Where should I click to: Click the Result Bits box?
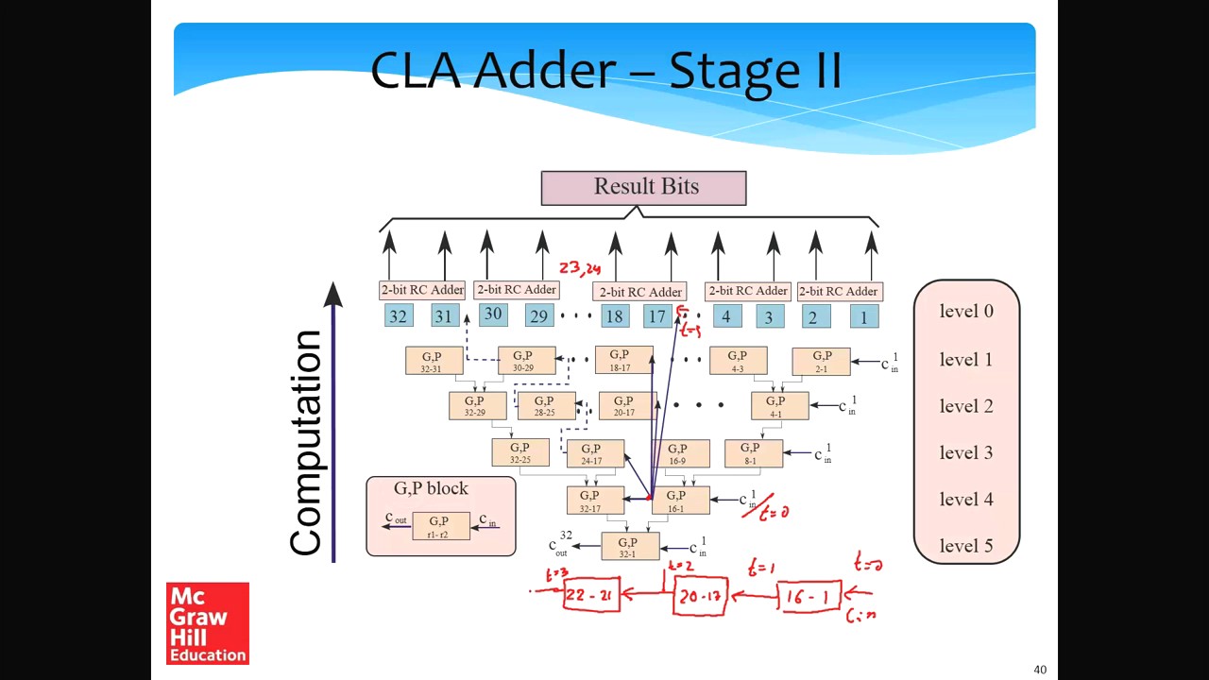point(643,187)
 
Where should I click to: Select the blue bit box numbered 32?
point(399,316)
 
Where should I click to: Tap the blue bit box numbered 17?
point(656,316)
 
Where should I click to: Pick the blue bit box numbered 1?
point(863,316)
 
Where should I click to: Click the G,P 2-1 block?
point(821,361)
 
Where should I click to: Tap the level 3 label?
point(966,452)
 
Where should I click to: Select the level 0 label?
point(966,312)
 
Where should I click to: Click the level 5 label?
point(966,546)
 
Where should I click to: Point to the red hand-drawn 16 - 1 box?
point(809,597)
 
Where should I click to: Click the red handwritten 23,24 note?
point(579,270)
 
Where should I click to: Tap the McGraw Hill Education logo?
point(208,623)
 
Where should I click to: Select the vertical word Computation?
point(307,443)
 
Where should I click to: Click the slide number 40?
point(1040,670)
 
